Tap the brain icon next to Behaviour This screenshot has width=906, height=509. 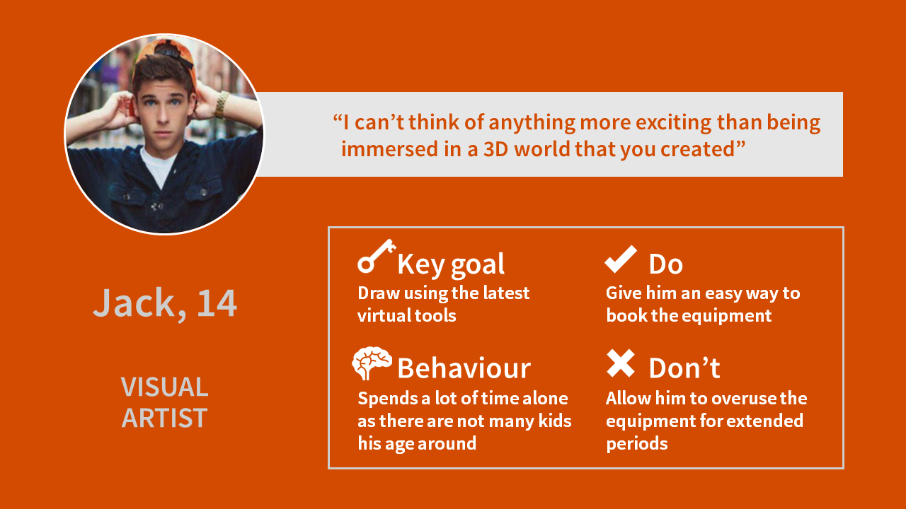click(372, 363)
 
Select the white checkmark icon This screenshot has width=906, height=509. click(621, 259)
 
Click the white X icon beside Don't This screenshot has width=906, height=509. click(621, 363)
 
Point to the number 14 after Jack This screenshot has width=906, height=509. click(217, 303)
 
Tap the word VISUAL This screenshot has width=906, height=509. click(165, 387)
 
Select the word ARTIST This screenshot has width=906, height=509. click(165, 418)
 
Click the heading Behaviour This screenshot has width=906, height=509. click(464, 368)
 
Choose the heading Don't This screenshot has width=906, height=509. click(684, 368)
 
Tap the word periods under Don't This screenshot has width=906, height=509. click(636, 444)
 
